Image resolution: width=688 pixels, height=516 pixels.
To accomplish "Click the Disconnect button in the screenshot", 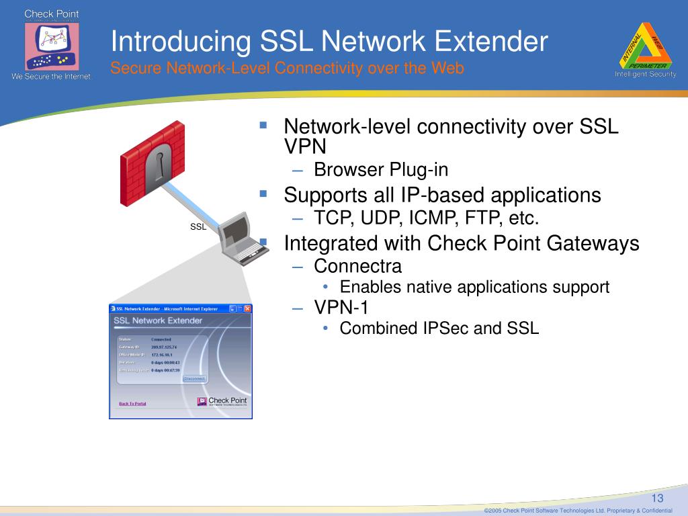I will point(194,378).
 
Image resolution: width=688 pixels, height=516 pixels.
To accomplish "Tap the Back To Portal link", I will point(132,404).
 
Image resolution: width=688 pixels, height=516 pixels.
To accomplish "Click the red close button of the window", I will point(247,309).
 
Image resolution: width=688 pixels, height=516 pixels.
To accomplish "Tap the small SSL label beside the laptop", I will point(198,227).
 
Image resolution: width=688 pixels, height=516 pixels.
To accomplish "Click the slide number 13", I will point(657,498).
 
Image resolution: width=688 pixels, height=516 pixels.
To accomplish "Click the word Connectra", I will point(357,266).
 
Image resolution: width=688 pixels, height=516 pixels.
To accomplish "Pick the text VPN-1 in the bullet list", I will point(341,307).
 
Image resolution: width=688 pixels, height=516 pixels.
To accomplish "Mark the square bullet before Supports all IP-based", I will point(263,193).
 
